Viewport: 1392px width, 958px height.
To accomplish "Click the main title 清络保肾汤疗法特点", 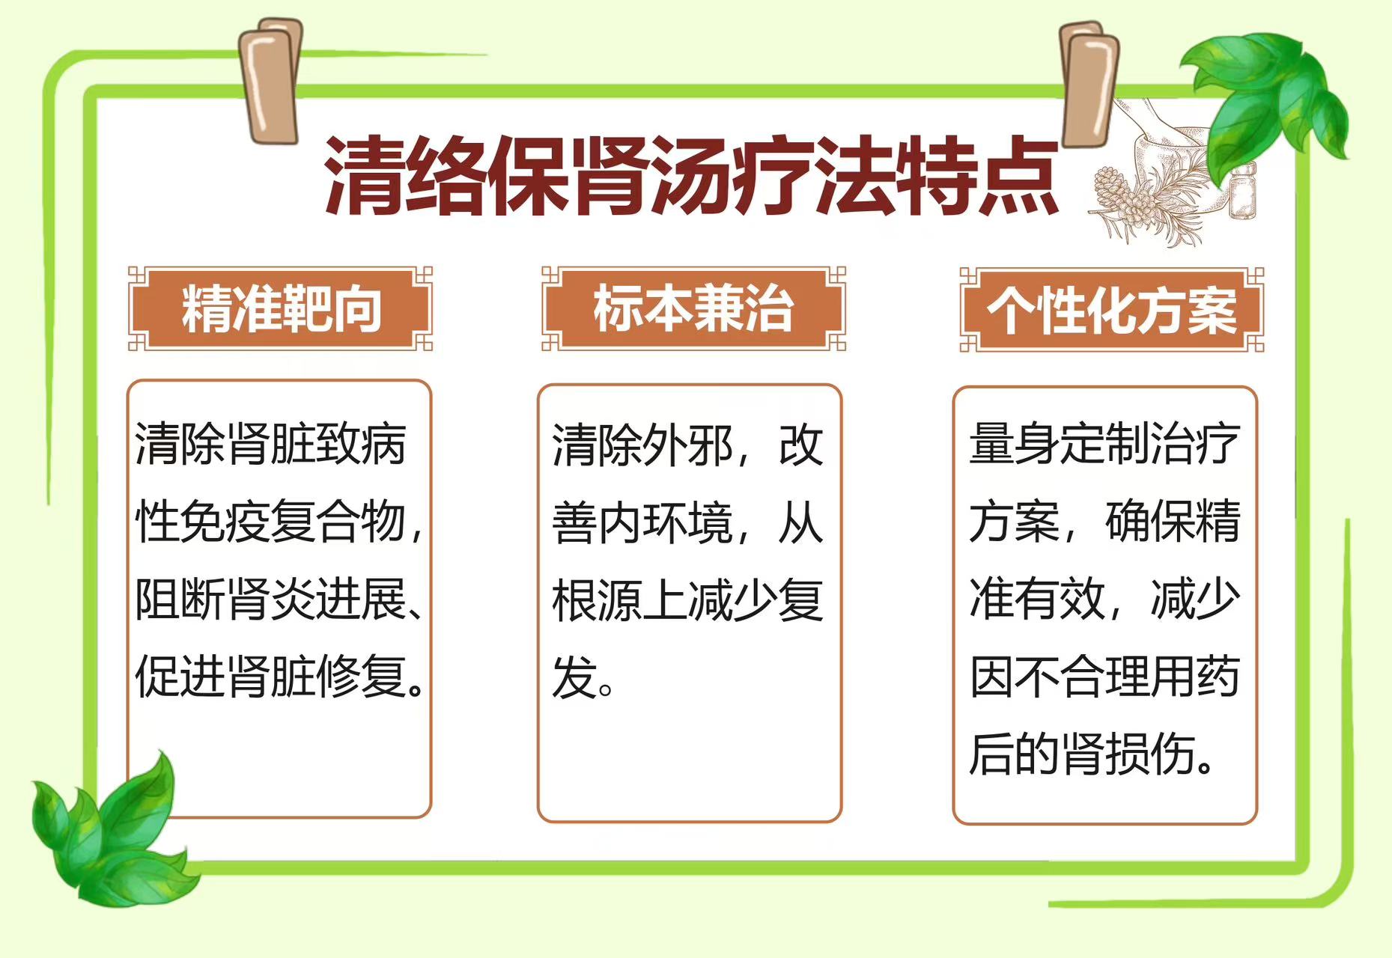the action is point(691,177).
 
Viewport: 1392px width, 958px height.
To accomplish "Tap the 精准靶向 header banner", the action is point(281,308).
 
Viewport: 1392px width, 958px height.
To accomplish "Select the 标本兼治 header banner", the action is point(693,308).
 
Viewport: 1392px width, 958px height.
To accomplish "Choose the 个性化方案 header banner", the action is point(1112,310).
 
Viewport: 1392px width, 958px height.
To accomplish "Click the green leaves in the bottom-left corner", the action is point(112,831).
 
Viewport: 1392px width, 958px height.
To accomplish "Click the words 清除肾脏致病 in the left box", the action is point(270,444).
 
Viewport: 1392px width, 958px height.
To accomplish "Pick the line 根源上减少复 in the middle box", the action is point(687,600).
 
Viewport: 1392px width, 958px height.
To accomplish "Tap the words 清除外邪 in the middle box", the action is point(642,445).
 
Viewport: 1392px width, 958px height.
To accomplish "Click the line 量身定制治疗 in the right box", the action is point(1104,444).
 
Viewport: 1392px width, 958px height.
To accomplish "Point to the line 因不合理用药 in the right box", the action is point(1104,677).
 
